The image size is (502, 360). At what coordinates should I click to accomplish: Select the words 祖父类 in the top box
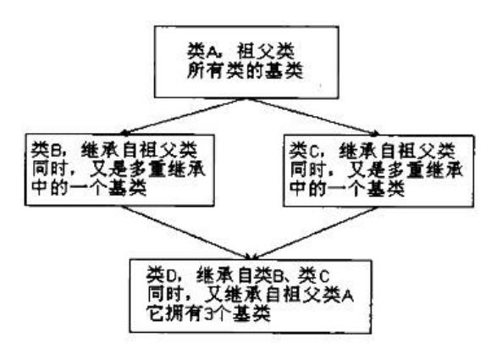pyautogui.click(x=266, y=52)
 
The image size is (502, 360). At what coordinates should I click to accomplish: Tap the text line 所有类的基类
pyautogui.click(x=245, y=71)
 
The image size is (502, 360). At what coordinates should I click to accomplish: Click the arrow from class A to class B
pyautogui.click(x=184, y=116)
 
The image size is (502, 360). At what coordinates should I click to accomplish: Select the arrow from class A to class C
pyautogui.click(x=313, y=116)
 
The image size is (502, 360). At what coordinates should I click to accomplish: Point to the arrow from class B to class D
pyautogui.click(x=185, y=232)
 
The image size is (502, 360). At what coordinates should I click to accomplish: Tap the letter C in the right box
pyautogui.click(x=313, y=151)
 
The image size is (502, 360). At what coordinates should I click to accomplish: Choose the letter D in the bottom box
pyautogui.click(x=170, y=275)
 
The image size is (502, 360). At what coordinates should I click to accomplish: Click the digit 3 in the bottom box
pyautogui.click(x=208, y=313)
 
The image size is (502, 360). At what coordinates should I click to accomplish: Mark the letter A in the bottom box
pyautogui.click(x=347, y=295)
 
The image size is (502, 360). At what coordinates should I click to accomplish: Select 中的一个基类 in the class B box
pyautogui.click(x=89, y=188)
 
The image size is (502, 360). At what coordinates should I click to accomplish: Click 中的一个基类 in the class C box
pyautogui.click(x=347, y=188)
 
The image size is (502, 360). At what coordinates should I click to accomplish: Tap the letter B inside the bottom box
pyautogui.click(x=278, y=275)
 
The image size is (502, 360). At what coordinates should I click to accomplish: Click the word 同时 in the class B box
pyautogui.click(x=50, y=169)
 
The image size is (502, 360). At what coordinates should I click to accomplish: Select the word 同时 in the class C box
pyautogui.click(x=308, y=169)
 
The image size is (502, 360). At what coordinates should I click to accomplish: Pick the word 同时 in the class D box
pyautogui.click(x=166, y=294)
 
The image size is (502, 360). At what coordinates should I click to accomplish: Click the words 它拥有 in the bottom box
pyautogui.click(x=174, y=313)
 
